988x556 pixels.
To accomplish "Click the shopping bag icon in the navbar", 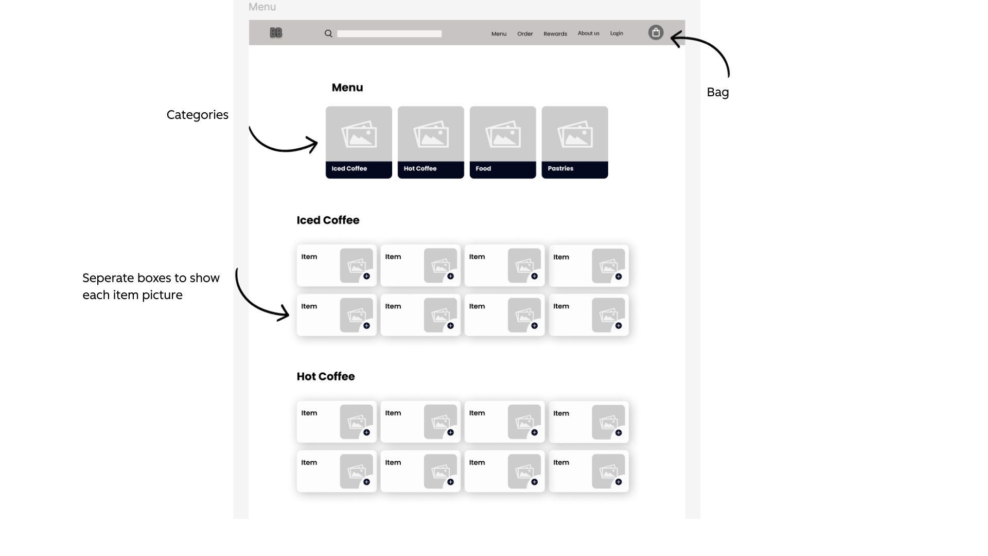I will point(656,32).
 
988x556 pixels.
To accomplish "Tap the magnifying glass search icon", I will point(328,33).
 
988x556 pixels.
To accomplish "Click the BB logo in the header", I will point(276,33).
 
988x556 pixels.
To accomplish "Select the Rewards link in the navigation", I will point(555,34).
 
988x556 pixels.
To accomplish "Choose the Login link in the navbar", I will point(616,33).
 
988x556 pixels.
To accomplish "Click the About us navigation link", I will point(588,33).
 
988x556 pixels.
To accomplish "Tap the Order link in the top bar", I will point(525,34).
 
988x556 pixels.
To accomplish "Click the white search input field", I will point(389,34).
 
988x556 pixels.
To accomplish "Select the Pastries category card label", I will point(560,169).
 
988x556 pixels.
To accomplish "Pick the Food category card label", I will point(483,169).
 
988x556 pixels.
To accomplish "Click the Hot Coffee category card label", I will point(420,169).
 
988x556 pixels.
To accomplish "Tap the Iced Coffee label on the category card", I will point(349,169).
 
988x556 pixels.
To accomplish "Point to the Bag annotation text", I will point(717,93).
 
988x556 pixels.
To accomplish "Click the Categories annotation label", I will point(197,115).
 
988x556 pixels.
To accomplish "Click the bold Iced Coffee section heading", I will point(328,220).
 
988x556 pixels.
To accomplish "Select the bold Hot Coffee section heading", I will point(325,377).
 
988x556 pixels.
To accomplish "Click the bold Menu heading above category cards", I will point(347,88).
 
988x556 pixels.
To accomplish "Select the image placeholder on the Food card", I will point(503,134).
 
